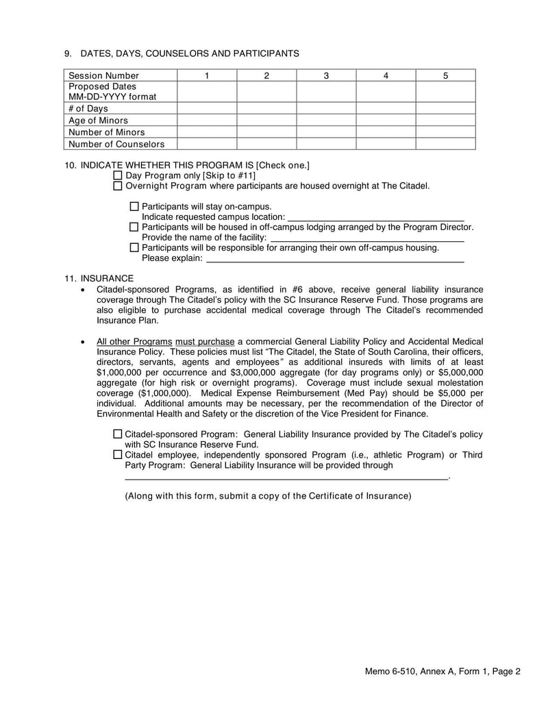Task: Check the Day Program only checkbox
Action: click(x=118, y=175)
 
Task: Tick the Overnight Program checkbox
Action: click(x=118, y=186)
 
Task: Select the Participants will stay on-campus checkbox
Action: click(x=134, y=206)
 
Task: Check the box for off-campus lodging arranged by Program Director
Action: click(x=134, y=227)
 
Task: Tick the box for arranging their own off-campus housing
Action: click(x=134, y=247)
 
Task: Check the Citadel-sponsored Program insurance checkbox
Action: click(x=118, y=434)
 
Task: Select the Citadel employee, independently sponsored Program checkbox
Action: click(x=118, y=454)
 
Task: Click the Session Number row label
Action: click(x=103, y=75)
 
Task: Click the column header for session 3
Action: click(x=326, y=75)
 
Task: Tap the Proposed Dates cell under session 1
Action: click(x=207, y=92)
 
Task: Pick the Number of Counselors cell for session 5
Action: click(x=445, y=144)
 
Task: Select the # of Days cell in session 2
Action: click(x=266, y=108)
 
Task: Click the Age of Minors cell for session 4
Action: click(x=386, y=120)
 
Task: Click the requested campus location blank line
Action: click(x=375, y=216)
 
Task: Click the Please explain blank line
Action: click(x=335, y=258)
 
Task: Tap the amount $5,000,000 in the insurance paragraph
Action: click(x=453, y=373)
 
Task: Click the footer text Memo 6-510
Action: click(x=391, y=672)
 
